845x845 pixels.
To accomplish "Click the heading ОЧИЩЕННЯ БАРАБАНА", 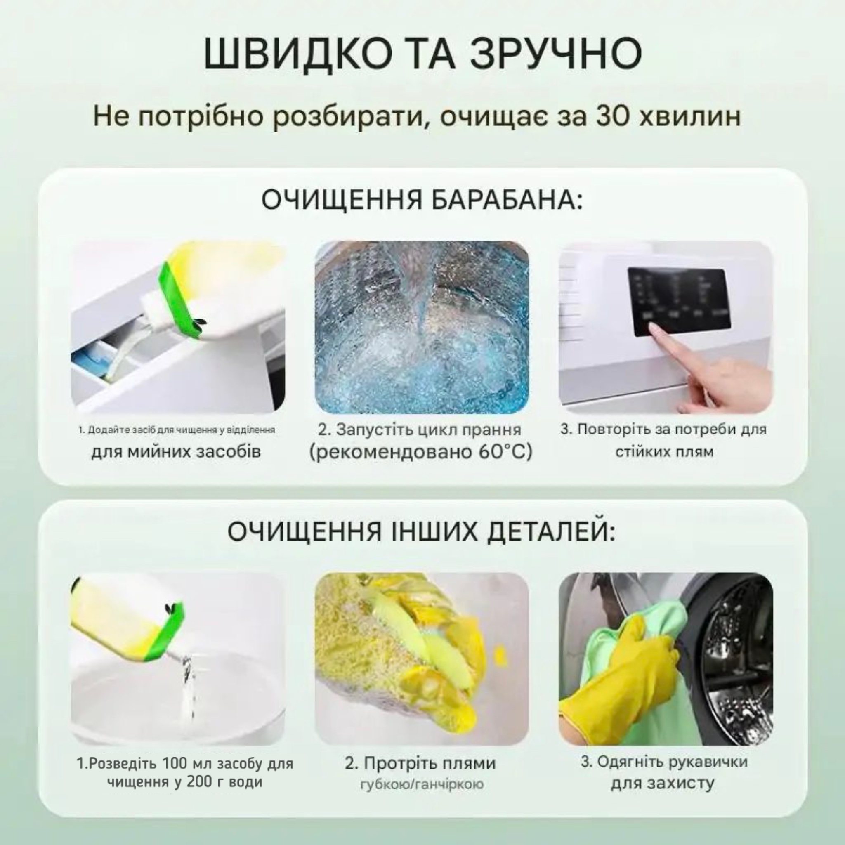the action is pos(422,200).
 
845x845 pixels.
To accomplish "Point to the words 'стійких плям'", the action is pos(664,451).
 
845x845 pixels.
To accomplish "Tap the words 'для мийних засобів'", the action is pos(176,451).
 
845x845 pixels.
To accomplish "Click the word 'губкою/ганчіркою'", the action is pos(422,784).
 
